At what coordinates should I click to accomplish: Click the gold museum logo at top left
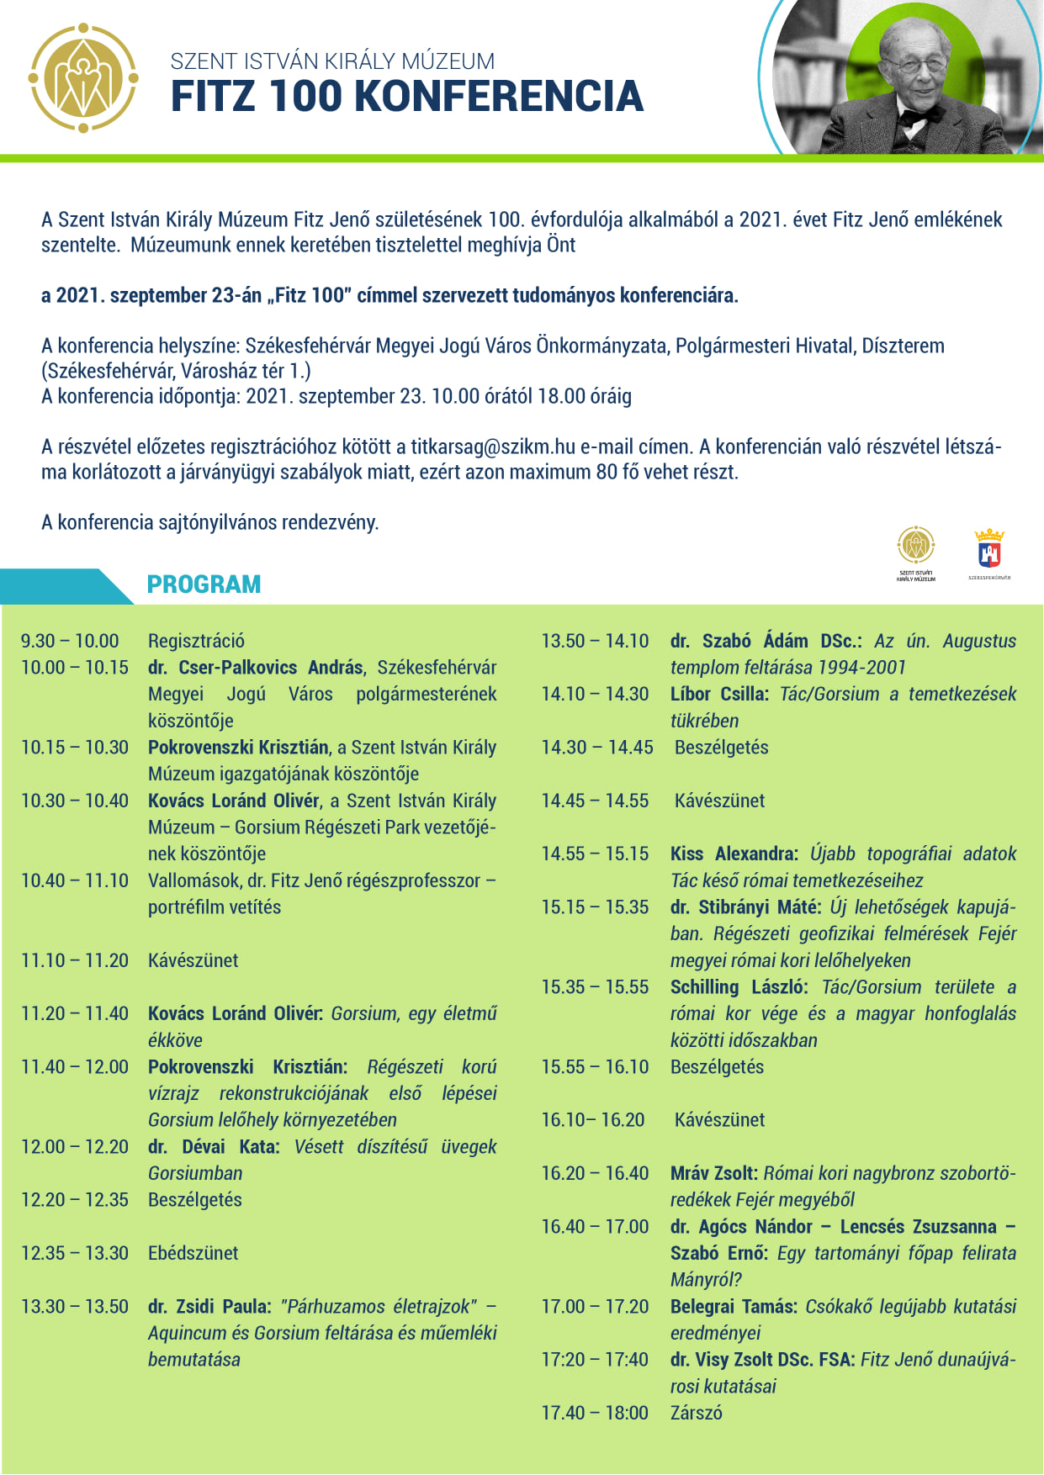coord(83,78)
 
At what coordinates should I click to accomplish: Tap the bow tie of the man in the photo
coord(915,118)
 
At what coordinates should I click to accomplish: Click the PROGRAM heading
coord(204,584)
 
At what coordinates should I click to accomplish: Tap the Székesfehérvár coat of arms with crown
coord(989,548)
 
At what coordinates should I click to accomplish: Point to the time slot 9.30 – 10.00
coord(70,641)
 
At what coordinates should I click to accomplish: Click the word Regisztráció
coord(196,641)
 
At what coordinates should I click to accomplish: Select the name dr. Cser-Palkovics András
coord(256,668)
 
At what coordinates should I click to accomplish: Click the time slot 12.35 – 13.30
coord(75,1253)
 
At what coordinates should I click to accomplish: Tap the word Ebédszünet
coord(193,1253)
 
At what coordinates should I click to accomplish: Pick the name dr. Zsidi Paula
coord(209,1307)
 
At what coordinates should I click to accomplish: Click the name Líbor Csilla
coord(719,695)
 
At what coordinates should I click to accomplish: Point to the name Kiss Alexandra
coord(734,854)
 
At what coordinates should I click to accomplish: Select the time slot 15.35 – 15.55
coord(595,987)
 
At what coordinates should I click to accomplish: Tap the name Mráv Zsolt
coord(713,1173)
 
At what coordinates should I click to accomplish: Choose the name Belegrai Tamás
coord(733,1307)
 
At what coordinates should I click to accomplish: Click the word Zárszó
coord(696,1413)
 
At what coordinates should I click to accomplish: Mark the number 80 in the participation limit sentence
coord(607,472)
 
